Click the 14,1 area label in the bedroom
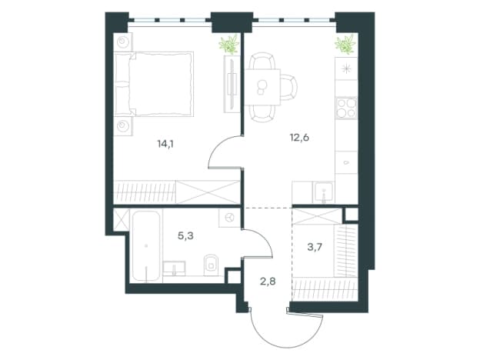165,144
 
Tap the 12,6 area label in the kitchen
299,138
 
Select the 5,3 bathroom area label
185,236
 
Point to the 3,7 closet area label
315,247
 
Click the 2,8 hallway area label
268,281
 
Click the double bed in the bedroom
154,84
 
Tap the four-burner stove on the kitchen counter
346,108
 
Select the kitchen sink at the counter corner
323,192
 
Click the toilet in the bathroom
210,264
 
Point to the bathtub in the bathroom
146,246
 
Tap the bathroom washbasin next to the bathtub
174,268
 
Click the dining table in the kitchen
262,87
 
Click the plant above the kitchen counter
345,44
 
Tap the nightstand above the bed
123,42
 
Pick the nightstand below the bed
123,126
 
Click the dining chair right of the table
288,87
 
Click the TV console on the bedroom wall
232,84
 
